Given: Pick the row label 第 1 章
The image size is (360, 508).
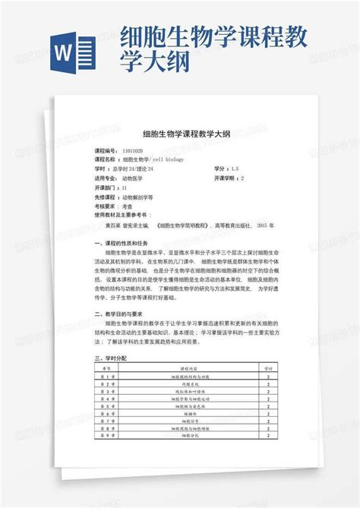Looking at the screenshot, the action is pos(107,376).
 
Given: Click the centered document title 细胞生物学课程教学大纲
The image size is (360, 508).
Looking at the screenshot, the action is pos(180,132).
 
